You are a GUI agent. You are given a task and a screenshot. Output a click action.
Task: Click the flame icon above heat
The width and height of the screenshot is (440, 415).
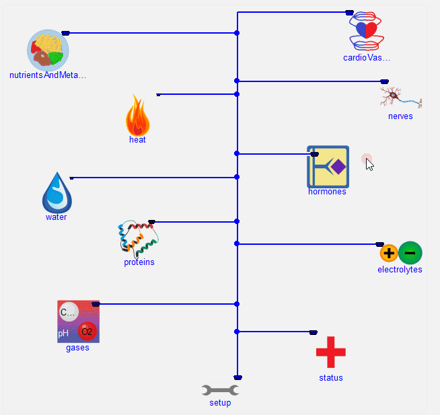click(x=137, y=116)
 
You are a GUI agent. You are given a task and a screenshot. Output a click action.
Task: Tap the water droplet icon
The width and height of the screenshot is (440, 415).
click(x=57, y=192)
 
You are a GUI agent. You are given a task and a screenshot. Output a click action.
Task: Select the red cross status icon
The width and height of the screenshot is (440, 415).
click(x=330, y=352)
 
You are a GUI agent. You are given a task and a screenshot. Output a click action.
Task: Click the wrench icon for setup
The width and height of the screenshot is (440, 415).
click(x=220, y=390)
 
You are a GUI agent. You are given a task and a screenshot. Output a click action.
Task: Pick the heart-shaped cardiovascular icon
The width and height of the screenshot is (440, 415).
click(x=366, y=31)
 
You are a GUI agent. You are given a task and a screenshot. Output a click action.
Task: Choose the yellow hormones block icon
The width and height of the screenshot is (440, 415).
click(x=328, y=167)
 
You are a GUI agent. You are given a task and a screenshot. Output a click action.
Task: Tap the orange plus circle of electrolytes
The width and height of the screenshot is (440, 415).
click(x=389, y=254)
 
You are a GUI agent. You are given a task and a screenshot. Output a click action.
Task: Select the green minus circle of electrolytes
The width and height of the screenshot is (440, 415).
click(x=410, y=253)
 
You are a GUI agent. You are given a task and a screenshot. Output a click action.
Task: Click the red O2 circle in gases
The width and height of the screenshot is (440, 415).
click(x=87, y=331)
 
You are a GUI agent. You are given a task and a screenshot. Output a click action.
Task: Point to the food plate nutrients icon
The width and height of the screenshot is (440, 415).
click(x=48, y=50)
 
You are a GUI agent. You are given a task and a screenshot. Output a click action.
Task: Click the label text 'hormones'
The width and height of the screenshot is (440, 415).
click(x=327, y=192)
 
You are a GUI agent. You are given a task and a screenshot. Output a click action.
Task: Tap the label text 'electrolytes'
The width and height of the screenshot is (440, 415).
click(x=400, y=270)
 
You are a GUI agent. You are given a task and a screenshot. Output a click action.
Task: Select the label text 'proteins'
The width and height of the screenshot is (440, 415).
click(x=139, y=262)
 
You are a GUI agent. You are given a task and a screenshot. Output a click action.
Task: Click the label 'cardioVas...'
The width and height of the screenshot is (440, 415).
click(x=366, y=58)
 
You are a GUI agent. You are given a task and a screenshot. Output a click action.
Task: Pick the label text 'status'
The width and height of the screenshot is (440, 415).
click(x=330, y=378)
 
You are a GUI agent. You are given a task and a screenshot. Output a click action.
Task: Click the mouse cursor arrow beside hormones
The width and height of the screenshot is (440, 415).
click(x=369, y=164)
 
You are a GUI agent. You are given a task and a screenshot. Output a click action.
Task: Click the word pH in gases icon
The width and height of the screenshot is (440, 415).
click(x=63, y=333)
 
